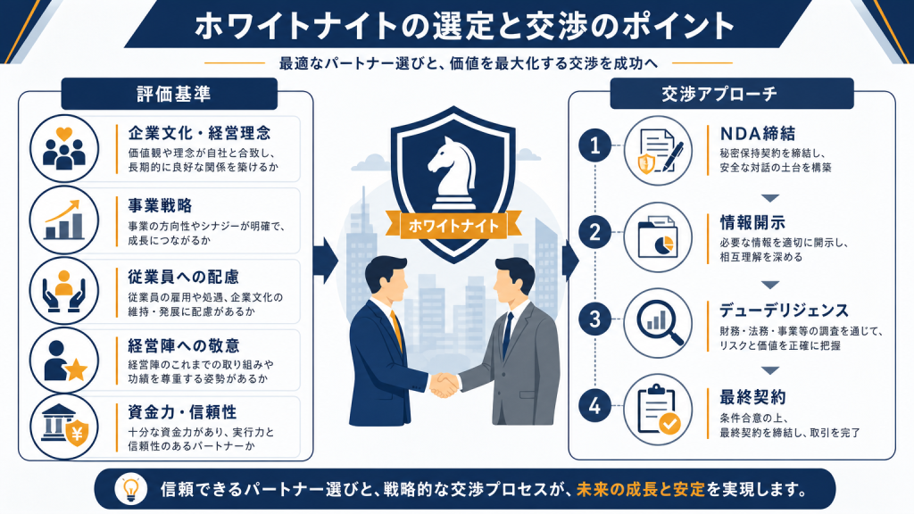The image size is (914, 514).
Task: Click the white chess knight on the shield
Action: tap(453, 173)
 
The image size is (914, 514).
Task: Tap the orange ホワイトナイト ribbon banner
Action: tap(453, 226)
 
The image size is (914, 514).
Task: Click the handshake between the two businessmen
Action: tap(445, 385)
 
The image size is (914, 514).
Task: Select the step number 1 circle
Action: tap(594, 145)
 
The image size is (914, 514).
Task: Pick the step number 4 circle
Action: tap(594, 406)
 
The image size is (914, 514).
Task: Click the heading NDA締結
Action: tap(757, 134)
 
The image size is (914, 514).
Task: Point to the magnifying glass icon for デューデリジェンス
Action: tap(660, 321)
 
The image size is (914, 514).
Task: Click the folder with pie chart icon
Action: tap(658, 236)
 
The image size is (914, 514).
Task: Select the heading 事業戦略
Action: tap(160, 206)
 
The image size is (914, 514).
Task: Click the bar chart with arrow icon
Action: tap(64, 220)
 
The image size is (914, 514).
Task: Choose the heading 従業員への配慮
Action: tap(184, 277)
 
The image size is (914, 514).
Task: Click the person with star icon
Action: tap(64, 361)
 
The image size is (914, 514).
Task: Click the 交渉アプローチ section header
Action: tap(732, 94)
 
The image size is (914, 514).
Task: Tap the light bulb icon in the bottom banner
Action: tap(130, 489)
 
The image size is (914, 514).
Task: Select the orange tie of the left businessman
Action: tap(397, 330)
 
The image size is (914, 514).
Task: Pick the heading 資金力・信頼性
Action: tap(182, 412)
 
